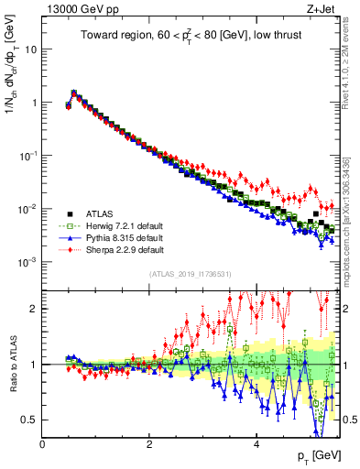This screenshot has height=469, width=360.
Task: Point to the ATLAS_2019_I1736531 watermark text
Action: pos(191,274)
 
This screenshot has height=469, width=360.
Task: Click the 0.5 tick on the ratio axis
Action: pos(31,420)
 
